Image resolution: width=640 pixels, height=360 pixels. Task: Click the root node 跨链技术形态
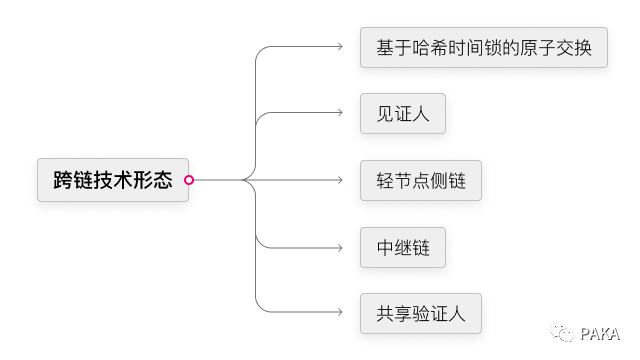(112, 180)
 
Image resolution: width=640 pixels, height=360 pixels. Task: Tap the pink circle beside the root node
(189, 180)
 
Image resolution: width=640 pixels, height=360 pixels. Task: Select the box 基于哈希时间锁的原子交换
(484, 47)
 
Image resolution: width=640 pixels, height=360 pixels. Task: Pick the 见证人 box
(402, 114)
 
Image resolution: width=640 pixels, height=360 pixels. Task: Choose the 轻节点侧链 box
(421, 181)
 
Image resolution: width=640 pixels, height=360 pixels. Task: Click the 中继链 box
(402, 247)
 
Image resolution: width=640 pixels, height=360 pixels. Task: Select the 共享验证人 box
(421, 314)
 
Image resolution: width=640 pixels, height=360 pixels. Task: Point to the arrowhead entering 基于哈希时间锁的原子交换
(340, 47)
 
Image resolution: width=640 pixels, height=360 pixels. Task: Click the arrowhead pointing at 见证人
(340, 114)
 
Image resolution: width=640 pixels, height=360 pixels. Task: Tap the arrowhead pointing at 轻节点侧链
(340, 181)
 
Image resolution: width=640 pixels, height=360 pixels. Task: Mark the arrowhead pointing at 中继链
(340, 247)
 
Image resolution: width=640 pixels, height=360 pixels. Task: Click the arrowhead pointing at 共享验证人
(340, 314)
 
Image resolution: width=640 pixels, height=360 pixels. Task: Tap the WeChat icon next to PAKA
(566, 333)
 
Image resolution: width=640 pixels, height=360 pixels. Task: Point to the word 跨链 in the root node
(72, 180)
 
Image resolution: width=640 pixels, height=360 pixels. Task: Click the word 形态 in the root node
(152, 180)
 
